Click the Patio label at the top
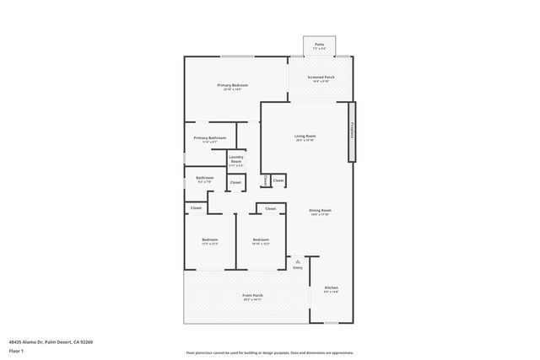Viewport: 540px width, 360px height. click(x=320, y=43)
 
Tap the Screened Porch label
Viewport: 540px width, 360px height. click(x=321, y=78)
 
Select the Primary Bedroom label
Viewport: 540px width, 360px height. click(x=232, y=85)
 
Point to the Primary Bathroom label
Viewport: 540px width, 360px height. click(x=210, y=137)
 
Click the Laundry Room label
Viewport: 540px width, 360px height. click(x=236, y=159)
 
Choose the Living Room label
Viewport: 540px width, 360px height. click(x=305, y=136)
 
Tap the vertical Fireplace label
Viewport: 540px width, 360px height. click(x=351, y=131)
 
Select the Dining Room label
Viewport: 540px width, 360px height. click(x=320, y=210)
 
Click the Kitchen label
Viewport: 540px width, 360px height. click(x=331, y=287)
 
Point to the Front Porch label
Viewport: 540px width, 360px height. click(x=252, y=295)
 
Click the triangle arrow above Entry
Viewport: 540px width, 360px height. click(x=297, y=262)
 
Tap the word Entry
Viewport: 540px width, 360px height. click(x=297, y=268)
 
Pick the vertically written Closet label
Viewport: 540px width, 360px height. click(x=266, y=180)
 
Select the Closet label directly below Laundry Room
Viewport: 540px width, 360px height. click(x=235, y=182)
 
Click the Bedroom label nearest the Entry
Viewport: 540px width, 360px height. click(x=261, y=240)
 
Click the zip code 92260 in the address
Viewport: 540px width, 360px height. click(x=84, y=342)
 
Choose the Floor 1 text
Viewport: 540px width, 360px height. click(x=17, y=352)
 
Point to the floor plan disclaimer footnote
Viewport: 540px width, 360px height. click(x=269, y=352)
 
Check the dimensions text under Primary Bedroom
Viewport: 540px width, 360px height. click(x=232, y=89)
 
